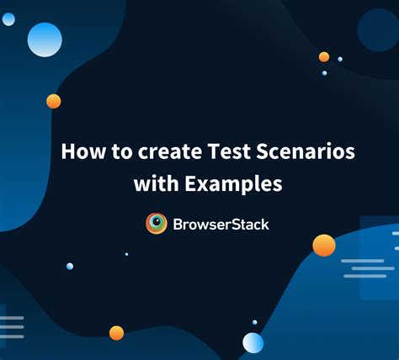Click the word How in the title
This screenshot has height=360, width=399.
[83, 151]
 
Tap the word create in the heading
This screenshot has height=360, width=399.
[170, 151]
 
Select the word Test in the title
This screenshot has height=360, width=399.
[229, 151]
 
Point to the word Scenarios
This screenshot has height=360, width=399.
[306, 151]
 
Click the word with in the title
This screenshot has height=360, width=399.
[157, 183]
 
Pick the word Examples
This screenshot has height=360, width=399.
[233, 184]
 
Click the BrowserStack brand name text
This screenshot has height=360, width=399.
[221, 225]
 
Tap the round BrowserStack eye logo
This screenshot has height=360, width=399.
[157, 224]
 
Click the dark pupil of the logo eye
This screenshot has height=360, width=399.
[157, 221]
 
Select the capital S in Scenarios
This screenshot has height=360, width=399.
[262, 151]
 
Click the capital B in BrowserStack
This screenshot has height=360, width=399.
[178, 225]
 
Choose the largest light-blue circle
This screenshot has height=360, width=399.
[45, 40]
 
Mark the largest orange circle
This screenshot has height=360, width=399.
[324, 246]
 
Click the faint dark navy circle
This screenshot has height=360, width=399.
[379, 30]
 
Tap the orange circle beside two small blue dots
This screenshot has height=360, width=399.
[324, 57]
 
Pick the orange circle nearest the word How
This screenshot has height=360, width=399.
[54, 101]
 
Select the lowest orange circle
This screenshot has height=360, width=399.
[116, 333]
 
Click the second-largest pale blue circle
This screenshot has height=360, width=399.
[253, 343]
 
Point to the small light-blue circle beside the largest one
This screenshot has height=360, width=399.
[8, 19]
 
